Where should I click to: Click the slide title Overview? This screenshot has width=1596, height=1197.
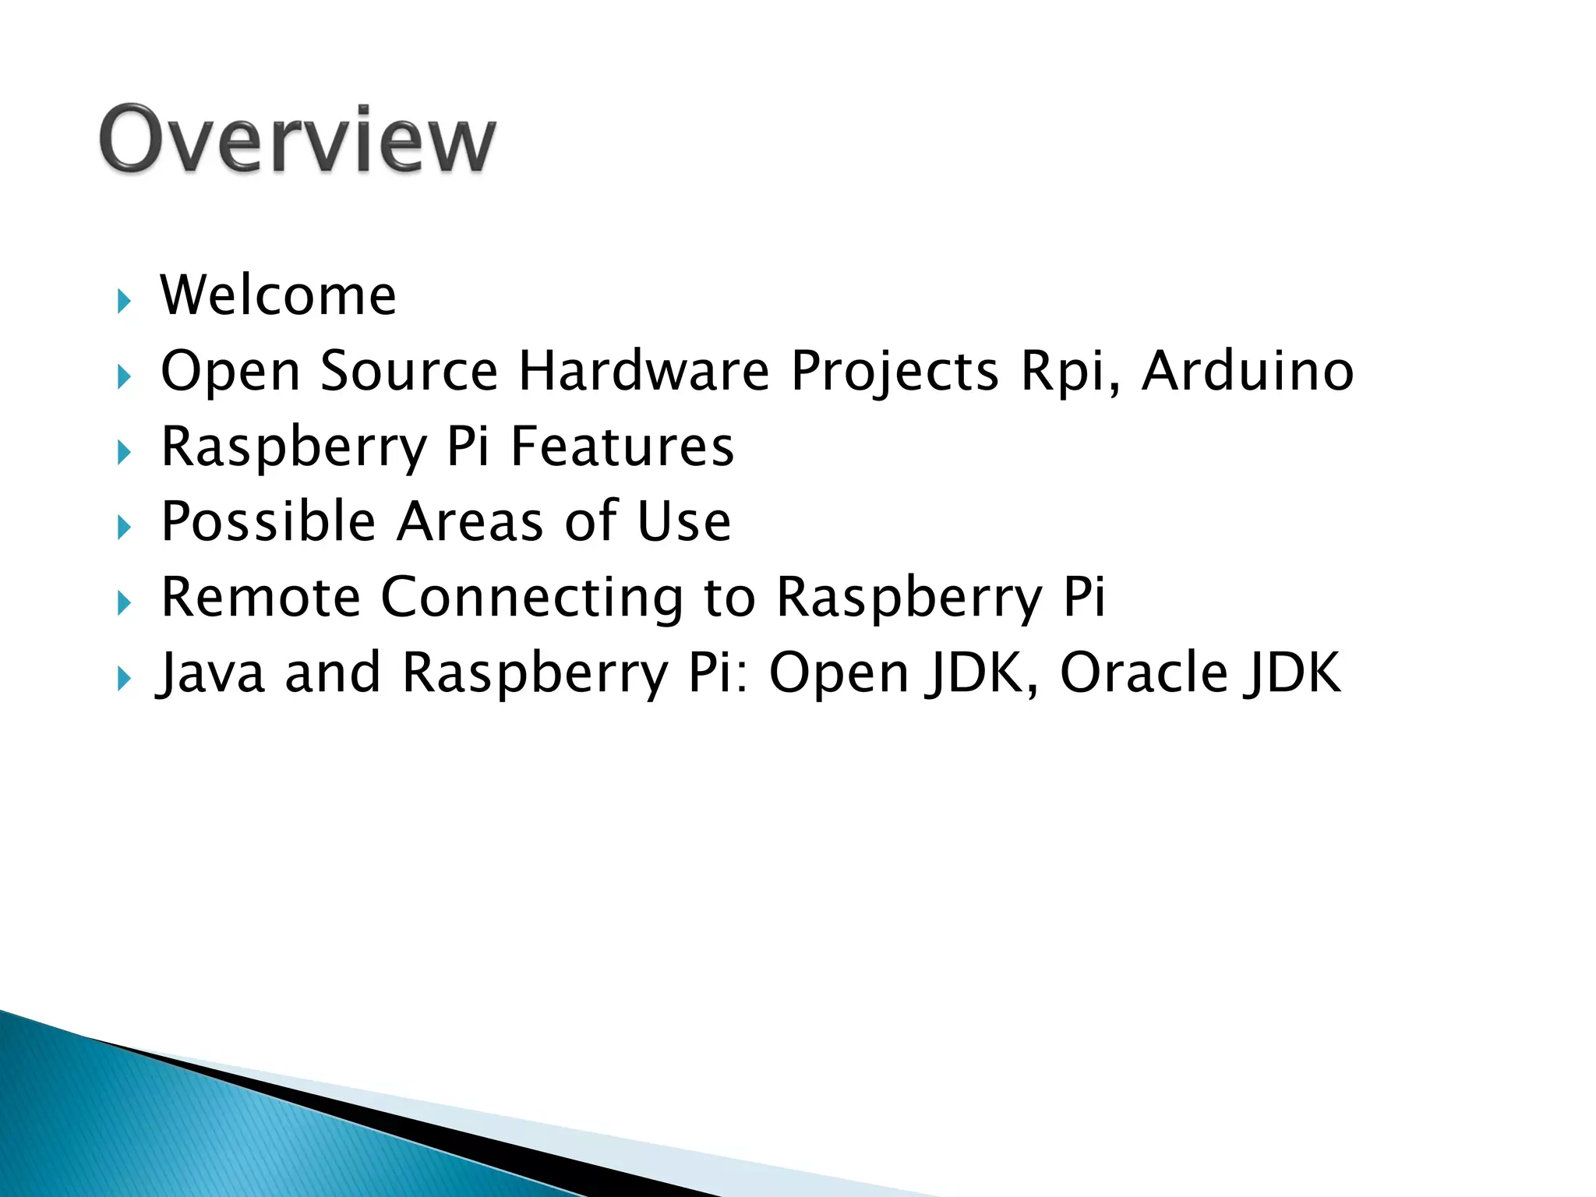[297, 139]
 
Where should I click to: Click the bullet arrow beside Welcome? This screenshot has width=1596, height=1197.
[124, 301]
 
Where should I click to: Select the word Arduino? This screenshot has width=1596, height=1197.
[1248, 370]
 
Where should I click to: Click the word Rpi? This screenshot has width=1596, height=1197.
[1070, 372]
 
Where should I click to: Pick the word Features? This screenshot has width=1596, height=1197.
[622, 447]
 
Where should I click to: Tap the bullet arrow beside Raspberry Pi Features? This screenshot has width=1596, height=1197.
[124, 452]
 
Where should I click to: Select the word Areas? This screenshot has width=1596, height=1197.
[470, 521]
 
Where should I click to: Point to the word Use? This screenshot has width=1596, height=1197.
[683, 521]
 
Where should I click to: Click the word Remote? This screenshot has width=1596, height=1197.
[260, 597]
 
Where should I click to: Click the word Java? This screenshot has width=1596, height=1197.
[211, 673]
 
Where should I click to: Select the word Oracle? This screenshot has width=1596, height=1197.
[1143, 673]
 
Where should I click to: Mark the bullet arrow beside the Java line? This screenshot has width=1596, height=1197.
[124, 679]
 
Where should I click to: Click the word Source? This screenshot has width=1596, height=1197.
[408, 370]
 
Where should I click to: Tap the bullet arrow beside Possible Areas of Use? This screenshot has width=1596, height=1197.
[124, 528]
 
